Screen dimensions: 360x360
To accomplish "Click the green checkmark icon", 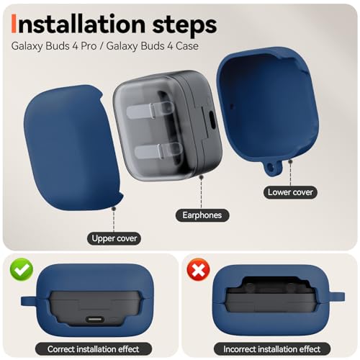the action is tap(22, 269).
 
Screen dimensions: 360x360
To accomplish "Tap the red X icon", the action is tap(198, 270).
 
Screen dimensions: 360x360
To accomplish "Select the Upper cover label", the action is tap(114, 238).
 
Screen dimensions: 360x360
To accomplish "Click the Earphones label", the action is tap(202, 215).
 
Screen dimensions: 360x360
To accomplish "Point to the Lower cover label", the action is tap(290, 192).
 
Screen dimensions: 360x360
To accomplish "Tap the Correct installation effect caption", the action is tap(94, 349).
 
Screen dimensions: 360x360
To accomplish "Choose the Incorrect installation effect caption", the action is tap(272, 349).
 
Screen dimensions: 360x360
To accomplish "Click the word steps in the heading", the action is tap(184, 25).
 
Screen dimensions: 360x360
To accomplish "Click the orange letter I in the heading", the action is tap(14, 24).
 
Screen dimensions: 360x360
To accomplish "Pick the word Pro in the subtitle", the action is tap(89, 45).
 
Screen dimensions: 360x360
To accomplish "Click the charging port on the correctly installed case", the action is tap(95, 320).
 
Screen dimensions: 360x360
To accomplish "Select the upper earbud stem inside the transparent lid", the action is tap(150, 110).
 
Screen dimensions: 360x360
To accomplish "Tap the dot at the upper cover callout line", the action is tap(114, 209).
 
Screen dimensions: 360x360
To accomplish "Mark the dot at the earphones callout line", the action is tap(202, 177).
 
